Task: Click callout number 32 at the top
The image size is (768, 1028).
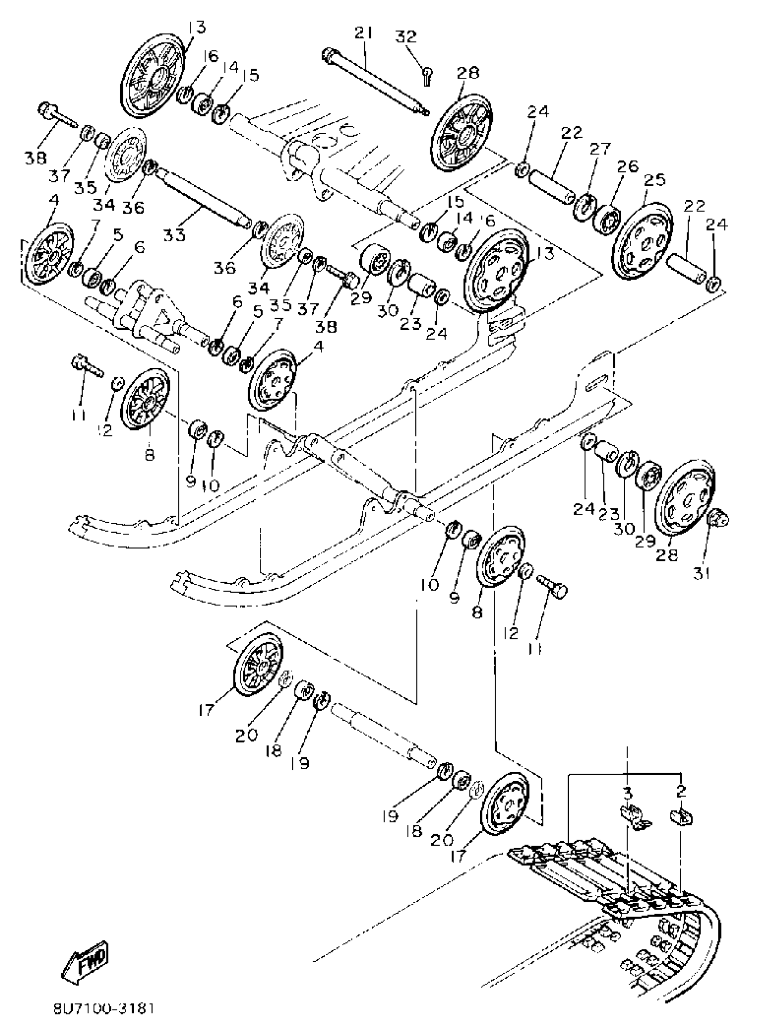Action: (406, 37)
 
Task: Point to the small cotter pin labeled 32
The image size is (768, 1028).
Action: (427, 75)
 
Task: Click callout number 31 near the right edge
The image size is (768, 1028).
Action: (702, 574)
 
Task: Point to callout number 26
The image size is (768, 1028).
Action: (628, 166)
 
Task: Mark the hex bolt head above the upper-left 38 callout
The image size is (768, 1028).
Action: (46, 111)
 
